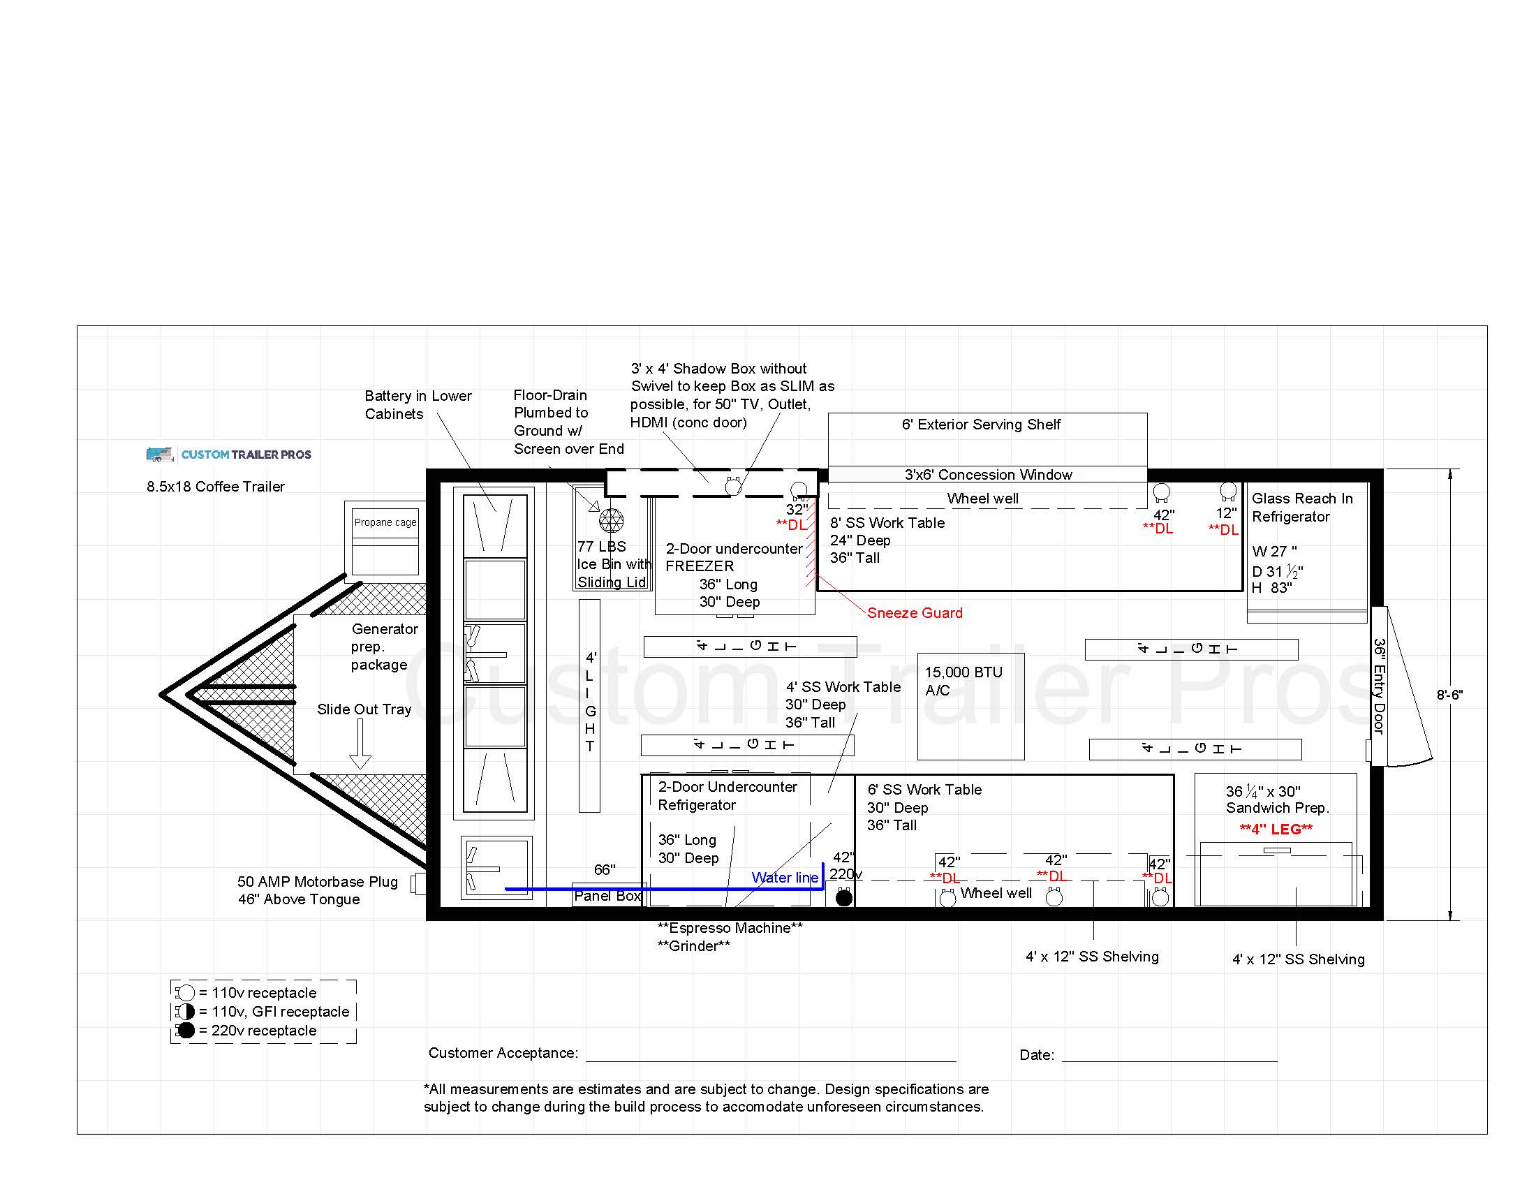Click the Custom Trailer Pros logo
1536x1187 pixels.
click(228, 455)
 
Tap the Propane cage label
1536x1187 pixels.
click(385, 522)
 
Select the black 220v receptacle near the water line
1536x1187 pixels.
click(844, 897)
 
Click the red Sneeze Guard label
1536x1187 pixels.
click(915, 612)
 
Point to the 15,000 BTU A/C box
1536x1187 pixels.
click(970, 707)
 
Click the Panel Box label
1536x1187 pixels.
click(607, 896)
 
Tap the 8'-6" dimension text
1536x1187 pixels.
click(1449, 695)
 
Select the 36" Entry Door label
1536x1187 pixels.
click(1379, 686)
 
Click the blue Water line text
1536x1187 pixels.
click(785, 878)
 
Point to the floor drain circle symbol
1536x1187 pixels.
click(611, 520)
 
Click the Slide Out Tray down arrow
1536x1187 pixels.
click(360, 744)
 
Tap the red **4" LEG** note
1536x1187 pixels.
click(1276, 829)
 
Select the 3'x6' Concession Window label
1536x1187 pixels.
click(988, 475)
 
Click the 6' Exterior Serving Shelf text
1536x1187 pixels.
click(981, 424)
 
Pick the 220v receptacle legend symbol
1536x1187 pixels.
click(186, 1030)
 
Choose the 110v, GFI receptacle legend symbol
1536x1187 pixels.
click(186, 1011)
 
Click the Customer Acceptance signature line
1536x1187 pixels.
click(771, 1061)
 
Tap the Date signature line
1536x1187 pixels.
click(1169, 1061)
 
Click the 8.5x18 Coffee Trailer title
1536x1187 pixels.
click(215, 487)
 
